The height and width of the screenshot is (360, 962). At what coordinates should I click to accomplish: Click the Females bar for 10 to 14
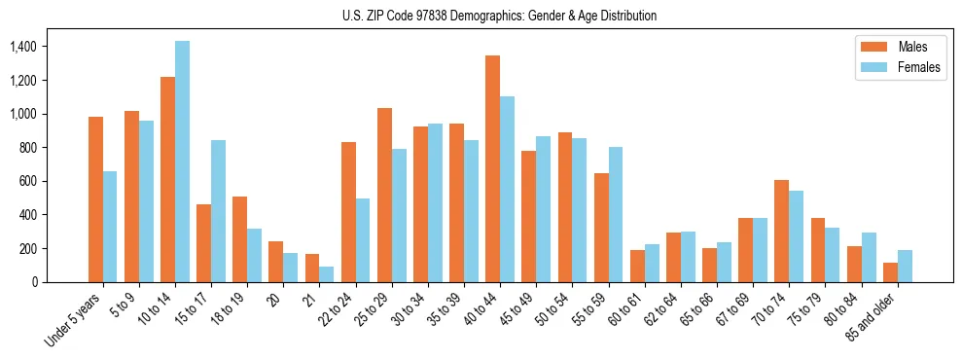click(182, 162)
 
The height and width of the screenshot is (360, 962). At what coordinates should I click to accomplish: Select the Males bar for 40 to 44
click(492, 168)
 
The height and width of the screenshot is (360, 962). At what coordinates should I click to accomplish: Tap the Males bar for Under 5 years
click(95, 199)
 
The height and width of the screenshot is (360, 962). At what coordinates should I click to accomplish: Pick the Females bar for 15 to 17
click(218, 211)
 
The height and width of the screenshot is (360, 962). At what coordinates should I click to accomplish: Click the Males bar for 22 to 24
click(348, 212)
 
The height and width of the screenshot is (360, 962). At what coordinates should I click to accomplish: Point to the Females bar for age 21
click(327, 274)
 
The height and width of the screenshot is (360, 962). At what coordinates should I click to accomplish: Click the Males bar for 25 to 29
click(384, 195)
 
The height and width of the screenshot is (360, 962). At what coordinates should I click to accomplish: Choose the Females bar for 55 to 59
click(616, 214)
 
